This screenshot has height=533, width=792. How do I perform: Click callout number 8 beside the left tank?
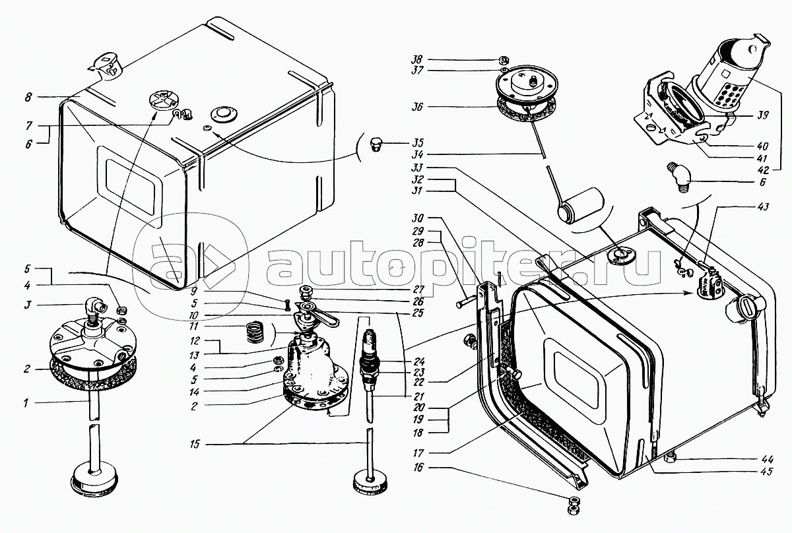point(28,97)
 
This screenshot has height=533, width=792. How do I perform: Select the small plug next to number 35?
point(376,144)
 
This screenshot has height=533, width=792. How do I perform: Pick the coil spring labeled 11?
point(255,332)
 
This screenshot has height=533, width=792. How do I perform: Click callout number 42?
point(763,170)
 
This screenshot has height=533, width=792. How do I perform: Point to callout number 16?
point(418,468)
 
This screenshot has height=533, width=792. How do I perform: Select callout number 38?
point(418,59)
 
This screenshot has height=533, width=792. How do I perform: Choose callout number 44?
point(767,459)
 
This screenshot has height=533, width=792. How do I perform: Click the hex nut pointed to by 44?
point(670,458)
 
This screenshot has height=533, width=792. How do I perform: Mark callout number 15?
point(195,444)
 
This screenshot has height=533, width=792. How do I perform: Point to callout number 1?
point(26,402)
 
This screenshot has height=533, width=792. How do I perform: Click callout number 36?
point(417,107)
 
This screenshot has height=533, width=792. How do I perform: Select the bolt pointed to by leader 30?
point(466,302)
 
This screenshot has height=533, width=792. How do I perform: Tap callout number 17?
point(418,453)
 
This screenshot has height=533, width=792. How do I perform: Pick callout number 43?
point(764,206)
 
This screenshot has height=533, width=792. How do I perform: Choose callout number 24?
point(418,361)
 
